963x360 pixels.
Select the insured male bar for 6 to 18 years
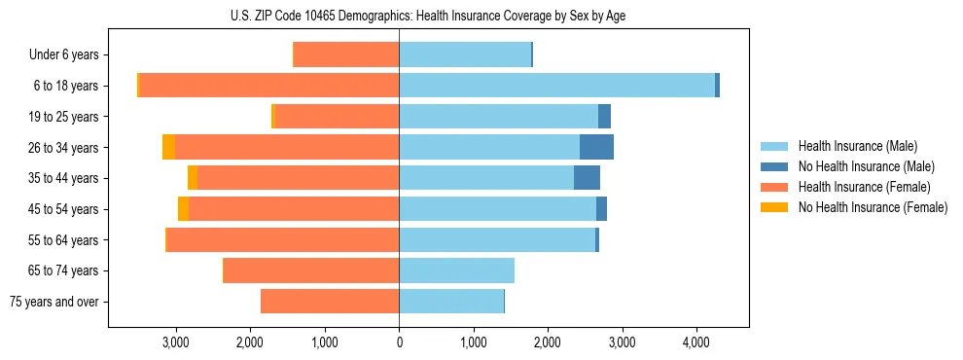(556, 86)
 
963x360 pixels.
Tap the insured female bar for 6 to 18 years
(269, 86)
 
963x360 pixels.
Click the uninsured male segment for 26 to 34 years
(596, 147)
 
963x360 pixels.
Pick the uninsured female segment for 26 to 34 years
(168, 147)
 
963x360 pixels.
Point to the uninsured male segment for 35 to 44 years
(587, 178)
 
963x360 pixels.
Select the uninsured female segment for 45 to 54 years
(183, 209)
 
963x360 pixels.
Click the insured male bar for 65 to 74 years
(456, 270)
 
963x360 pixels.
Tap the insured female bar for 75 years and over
(330, 302)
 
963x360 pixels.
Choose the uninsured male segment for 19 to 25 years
(604, 117)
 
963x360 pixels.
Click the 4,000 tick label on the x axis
(695, 342)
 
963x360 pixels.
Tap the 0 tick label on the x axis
(399, 342)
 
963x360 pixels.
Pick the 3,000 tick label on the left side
(175, 342)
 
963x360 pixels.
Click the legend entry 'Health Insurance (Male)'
(857, 146)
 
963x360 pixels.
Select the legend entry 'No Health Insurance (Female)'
(873, 207)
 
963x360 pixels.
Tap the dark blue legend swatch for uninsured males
(774, 166)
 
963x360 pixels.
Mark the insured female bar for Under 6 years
(346, 55)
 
